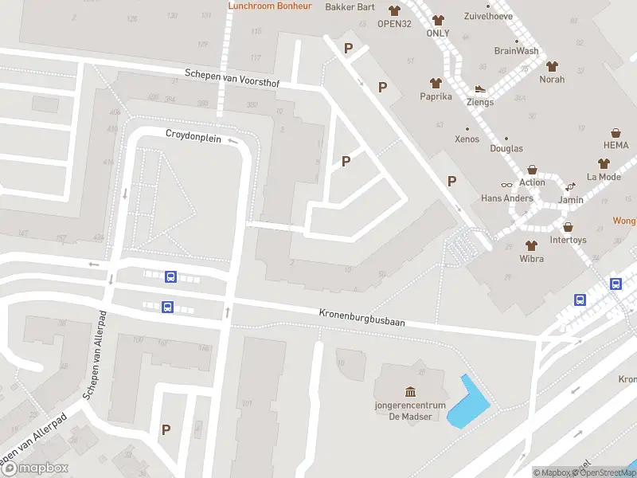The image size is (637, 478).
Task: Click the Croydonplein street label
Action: pyautogui.click(x=193, y=135)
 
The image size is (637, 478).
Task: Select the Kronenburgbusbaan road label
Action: pyautogui.click(x=362, y=318)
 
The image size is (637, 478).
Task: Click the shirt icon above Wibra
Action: pyautogui.click(x=531, y=245)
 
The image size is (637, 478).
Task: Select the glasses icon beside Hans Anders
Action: pyautogui.click(x=507, y=184)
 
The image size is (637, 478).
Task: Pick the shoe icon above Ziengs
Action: pyautogui.click(x=480, y=89)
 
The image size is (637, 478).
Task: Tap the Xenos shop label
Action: pyautogui.click(x=467, y=139)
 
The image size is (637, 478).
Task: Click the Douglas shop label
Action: pyautogui.click(x=506, y=149)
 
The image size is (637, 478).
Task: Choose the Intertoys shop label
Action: pyautogui.click(x=568, y=239)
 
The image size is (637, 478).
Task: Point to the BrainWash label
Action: pyautogui.click(x=516, y=51)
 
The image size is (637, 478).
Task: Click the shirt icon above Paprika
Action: pyautogui.click(x=436, y=83)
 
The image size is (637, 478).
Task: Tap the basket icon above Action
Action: pyautogui.click(x=533, y=170)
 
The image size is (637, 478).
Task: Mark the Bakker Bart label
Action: pyautogui.click(x=350, y=7)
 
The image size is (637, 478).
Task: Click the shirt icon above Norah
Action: pyautogui.click(x=552, y=66)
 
